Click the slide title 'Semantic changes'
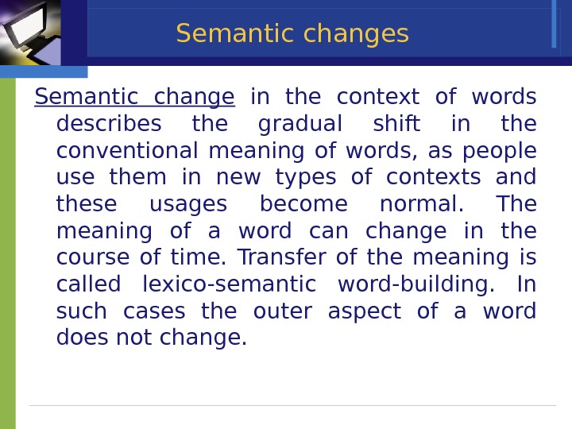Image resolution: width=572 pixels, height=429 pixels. [x=292, y=34]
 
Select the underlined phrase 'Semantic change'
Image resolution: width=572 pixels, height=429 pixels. [x=134, y=97]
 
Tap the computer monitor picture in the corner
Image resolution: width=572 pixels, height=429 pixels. [x=30, y=32]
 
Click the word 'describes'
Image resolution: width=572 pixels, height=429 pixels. [x=109, y=125]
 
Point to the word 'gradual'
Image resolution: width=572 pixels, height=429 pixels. [x=301, y=125]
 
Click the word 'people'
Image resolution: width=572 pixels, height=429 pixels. [x=499, y=151]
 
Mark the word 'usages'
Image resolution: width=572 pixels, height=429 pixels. [x=188, y=205]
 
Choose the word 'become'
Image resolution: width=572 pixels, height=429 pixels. [x=303, y=205]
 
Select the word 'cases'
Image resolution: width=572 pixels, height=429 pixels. [x=154, y=311]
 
